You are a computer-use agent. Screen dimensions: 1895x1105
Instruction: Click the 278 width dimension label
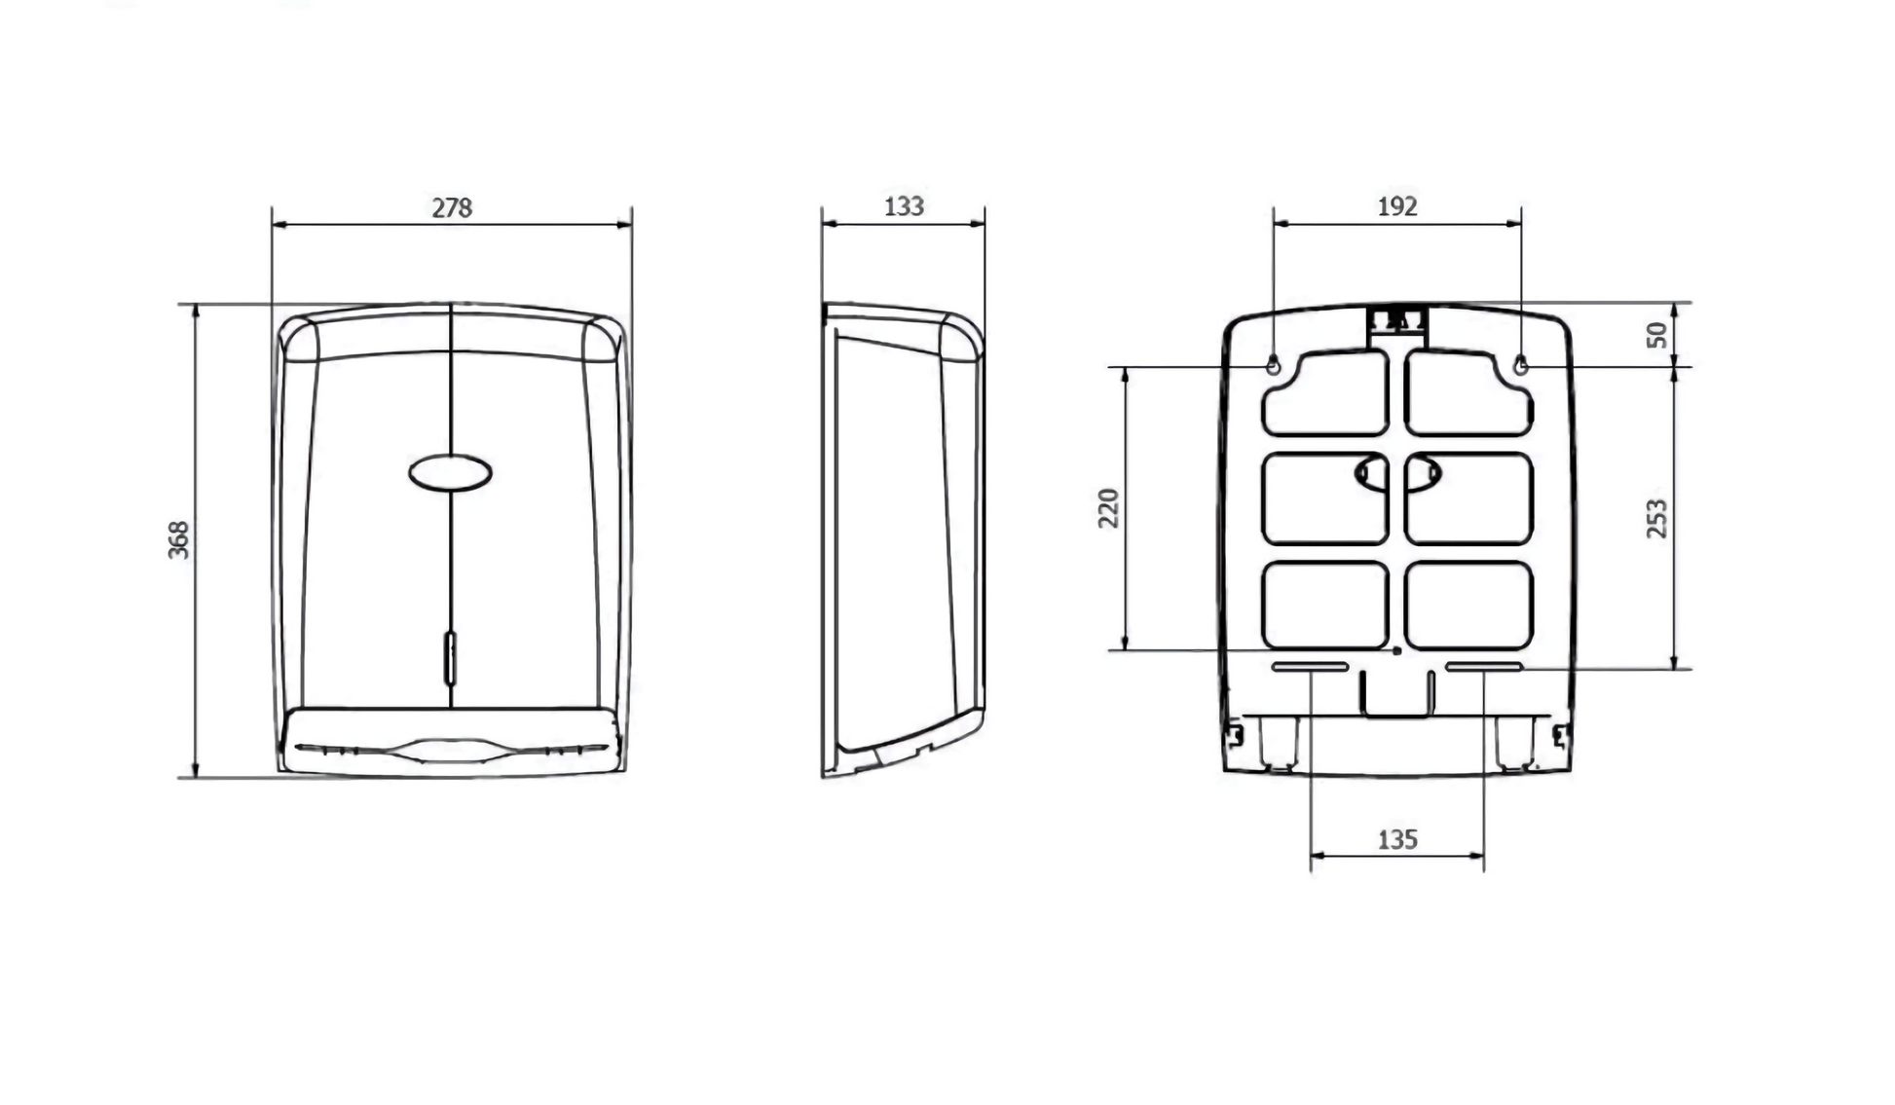pyautogui.click(x=452, y=207)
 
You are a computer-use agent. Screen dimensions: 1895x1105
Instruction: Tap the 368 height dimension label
pyautogui.click(x=179, y=540)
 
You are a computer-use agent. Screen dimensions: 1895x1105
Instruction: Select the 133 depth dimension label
pyautogui.click(x=904, y=206)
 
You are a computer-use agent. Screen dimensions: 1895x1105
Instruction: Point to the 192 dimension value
pyautogui.click(x=1397, y=206)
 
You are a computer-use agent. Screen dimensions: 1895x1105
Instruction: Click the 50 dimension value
pyautogui.click(x=1656, y=335)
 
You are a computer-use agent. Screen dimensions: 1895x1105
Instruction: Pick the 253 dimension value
pyautogui.click(x=1656, y=518)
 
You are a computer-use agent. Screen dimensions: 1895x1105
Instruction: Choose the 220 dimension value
pyautogui.click(x=1108, y=508)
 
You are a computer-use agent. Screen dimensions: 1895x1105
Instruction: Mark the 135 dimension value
pyautogui.click(x=1397, y=839)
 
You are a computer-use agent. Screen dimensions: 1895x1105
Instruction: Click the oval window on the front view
pyautogui.click(x=450, y=473)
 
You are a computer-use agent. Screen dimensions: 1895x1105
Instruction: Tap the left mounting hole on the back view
pyautogui.click(x=1273, y=366)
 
